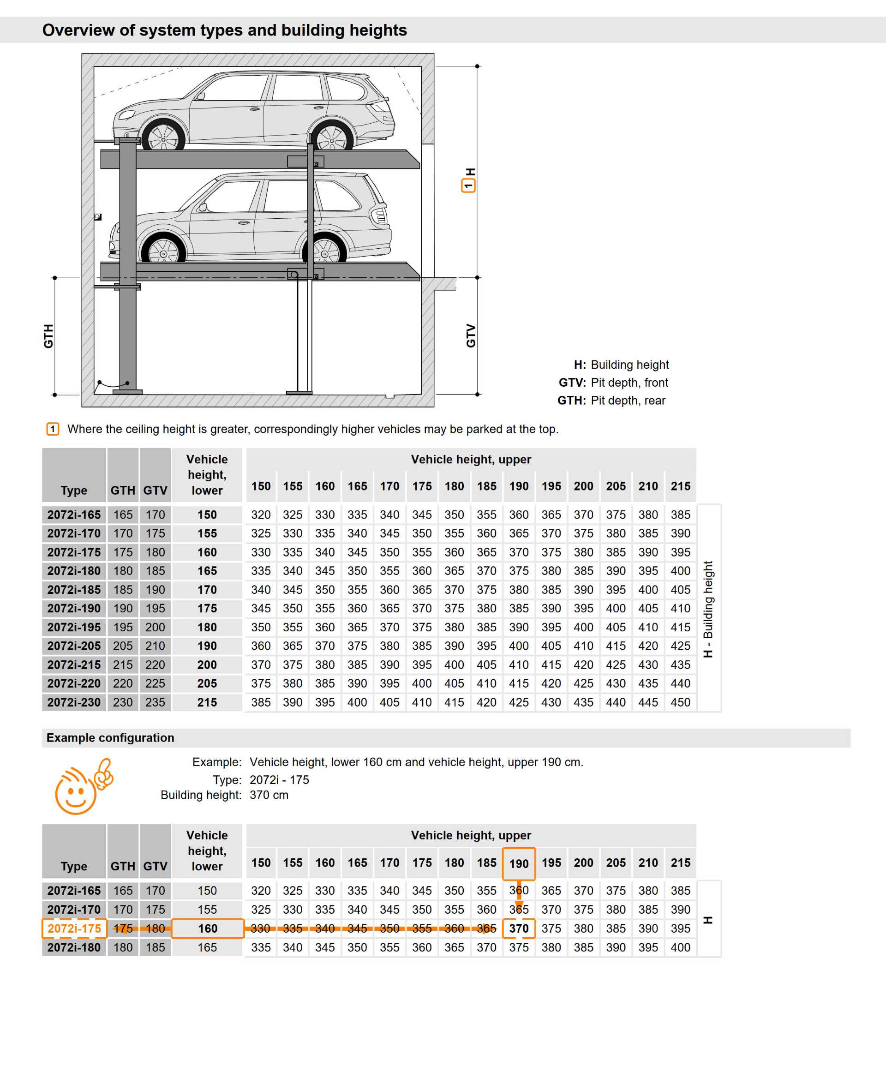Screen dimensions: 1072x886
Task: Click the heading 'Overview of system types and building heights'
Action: pyautogui.click(x=225, y=30)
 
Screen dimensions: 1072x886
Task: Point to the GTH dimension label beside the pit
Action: pyautogui.click(x=48, y=336)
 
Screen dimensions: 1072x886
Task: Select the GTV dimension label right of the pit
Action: pyautogui.click(x=471, y=335)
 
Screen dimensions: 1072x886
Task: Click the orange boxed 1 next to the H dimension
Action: pyautogui.click(x=468, y=186)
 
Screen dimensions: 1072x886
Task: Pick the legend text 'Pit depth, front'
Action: pyautogui.click(x=629, y=383)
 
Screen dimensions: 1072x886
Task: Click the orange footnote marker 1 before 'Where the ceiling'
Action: pyautogui.click(x=53, y=429)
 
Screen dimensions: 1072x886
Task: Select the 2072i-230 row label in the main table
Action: pyautogui.click(x=74, y=702)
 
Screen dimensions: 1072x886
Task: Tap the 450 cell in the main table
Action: pyautogui.click(x=680, y=702)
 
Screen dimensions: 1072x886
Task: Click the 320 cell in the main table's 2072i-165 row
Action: pyautogui.click(x=261, y=515)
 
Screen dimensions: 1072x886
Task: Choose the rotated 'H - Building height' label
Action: pyautogui.click(x=708, y=609)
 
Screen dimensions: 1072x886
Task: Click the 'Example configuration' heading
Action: pyautogui.click(x=110, y=737)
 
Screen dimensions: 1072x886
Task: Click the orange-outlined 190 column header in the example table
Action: pyautogui.click(x=519, y=863)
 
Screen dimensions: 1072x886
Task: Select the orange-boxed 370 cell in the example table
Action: pyautogui.click(x=519, y=928)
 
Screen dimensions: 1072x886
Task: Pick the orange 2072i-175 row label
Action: pyautogui.click(x=74, y=928)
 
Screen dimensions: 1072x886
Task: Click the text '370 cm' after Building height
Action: pyautogui.click(x=269, y=795)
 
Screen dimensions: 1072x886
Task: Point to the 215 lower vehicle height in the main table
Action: pyautogui.click(x=207, y=702)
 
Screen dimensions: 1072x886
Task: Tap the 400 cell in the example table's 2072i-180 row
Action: pyautogui.click(x=680, y=947)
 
